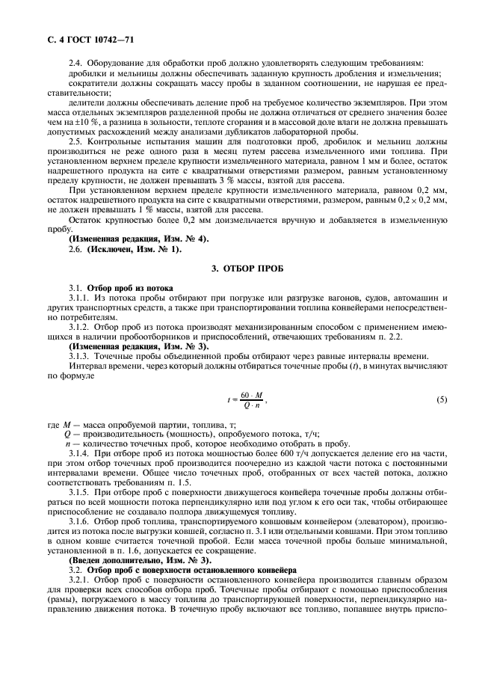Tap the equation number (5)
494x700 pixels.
click(442, 399)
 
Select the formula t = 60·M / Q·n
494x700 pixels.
click(247, 399)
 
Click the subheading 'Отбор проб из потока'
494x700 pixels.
click(130, 287)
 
